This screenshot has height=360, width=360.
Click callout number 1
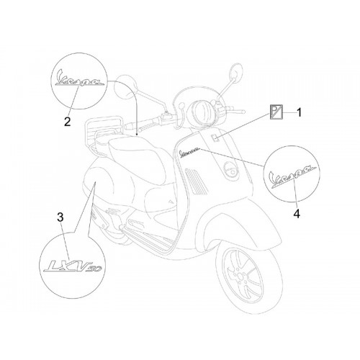[299, 113]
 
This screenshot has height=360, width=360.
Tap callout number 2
[68, 122]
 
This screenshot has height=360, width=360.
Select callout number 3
[60, 217]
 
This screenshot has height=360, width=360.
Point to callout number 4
[297, 213]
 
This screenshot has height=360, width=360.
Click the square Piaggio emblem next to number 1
[276, 112]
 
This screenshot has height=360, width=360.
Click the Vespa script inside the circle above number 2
[79, 78]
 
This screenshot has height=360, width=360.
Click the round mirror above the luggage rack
[125, 86]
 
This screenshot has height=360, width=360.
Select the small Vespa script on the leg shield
[189, 152]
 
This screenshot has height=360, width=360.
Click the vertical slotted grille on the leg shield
[196, 181]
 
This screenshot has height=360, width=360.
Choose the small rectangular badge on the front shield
[215, 138]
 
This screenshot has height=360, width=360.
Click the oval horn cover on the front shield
[231, 170]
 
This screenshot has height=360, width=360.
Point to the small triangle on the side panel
[171, 202]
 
